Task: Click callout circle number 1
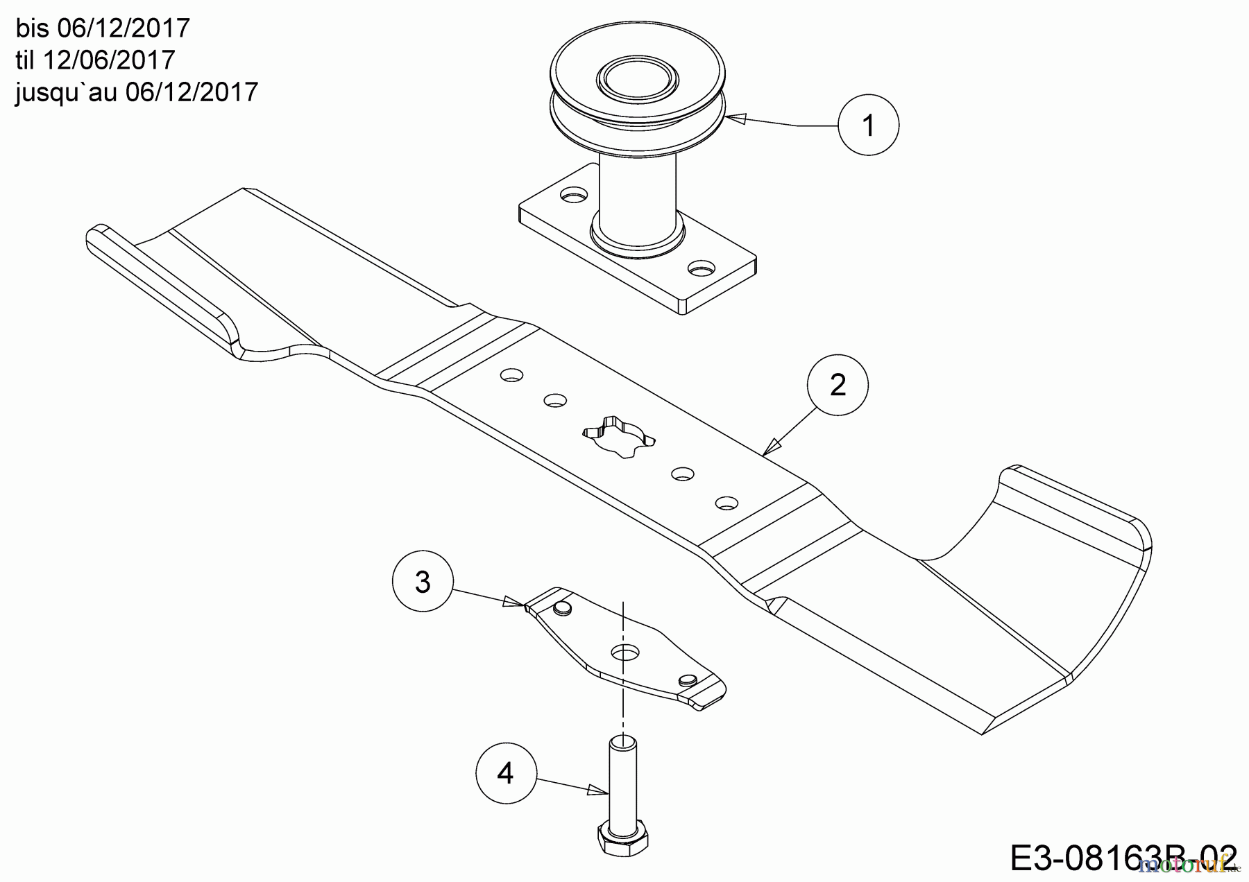[868, 126]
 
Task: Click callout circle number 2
[838, 386]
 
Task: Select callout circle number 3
[423, 582]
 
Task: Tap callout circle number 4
[506, 773]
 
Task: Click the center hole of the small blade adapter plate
[625, 652]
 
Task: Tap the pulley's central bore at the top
[637, 78]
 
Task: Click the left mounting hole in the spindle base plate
[572, 198]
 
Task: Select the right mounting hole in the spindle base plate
[702, 266]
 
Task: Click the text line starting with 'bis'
[103, 28]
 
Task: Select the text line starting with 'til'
[95, 60]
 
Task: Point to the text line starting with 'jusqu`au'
[137, 92]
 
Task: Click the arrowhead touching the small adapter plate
[513, 601]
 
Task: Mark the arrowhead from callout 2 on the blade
[771, 447]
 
